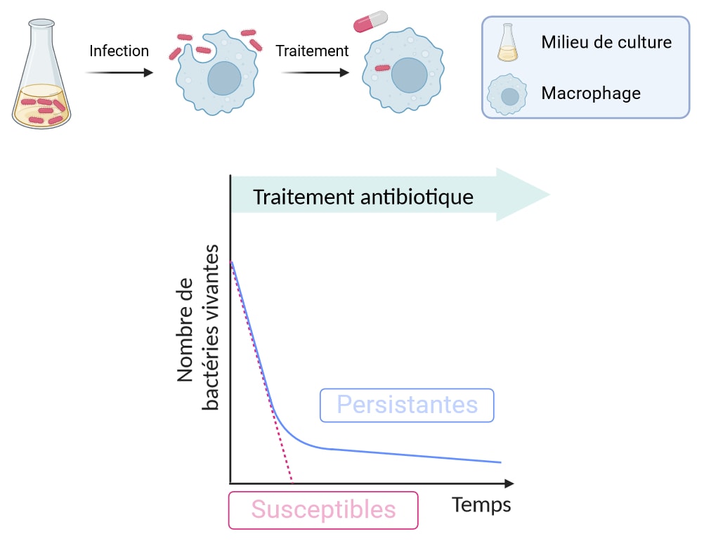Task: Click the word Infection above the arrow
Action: [119, 51]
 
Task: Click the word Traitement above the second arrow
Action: [312, 51]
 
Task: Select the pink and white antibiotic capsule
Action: [370, 21]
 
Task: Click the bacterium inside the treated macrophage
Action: [382, 68]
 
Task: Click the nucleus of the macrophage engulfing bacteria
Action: [225, 78]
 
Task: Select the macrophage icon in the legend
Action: [509, 94]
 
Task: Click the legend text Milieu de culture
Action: [606, 42]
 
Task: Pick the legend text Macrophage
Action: [590, 93]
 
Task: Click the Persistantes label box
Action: [407, 405]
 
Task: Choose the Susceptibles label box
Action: [323, 509]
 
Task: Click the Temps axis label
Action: [481, 504]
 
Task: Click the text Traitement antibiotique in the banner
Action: [363, 197]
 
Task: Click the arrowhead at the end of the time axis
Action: [509, 483]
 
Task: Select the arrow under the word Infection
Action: [119, 72]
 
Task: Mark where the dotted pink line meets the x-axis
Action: [292, 483]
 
